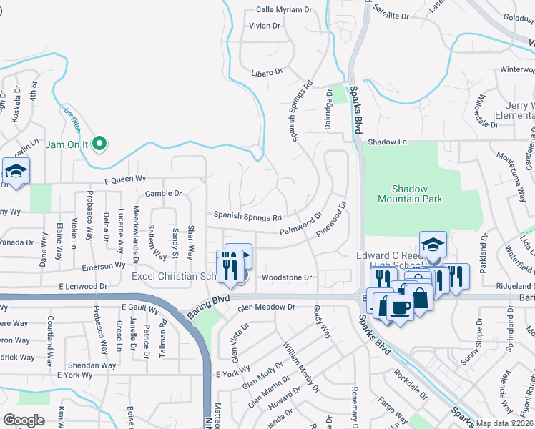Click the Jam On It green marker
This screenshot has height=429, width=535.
pyautogui.click(x=101, y=144)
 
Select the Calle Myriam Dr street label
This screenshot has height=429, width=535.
pyautogui.click(x=285, y=10)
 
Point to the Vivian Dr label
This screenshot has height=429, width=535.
pyautogui.click(x=265, y=26)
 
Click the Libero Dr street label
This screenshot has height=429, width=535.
pyautogui.click(x=267, y=72)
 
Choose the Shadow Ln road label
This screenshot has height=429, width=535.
pyautogui.click(x=387, y=142)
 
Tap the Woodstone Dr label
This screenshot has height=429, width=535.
pyautogui.click(x=288, y=277)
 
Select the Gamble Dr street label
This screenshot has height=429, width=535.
pyautogui.click(x=164, y=193)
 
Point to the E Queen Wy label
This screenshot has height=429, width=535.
pyautogui.click(x=125, y=180)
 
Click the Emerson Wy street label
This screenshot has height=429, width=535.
pyautogui.click(x=104, y=265)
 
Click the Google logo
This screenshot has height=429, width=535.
pyautogui.click(x=23, y=420)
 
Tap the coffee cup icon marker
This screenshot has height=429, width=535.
pyautogui.click(x=399, y=308)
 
